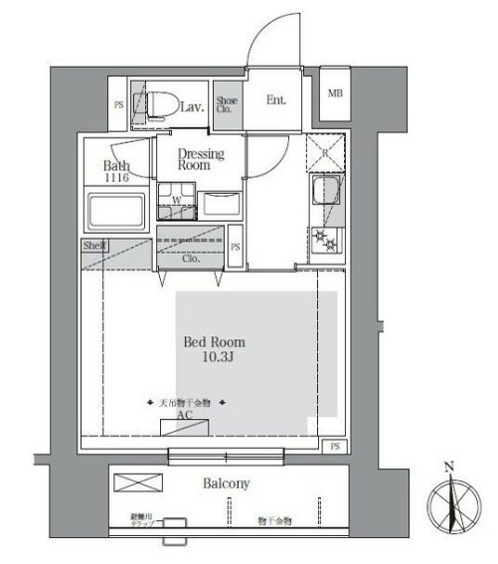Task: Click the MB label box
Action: [335, 94]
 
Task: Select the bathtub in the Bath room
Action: [117, 212]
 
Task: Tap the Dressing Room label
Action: [201, 160]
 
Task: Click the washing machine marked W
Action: [175, 206]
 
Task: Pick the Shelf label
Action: [95, 245]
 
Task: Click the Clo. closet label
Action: [190, 259]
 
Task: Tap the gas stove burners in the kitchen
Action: [324, 241]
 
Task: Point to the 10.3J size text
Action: [212, 358]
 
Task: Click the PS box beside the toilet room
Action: [119, 104]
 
